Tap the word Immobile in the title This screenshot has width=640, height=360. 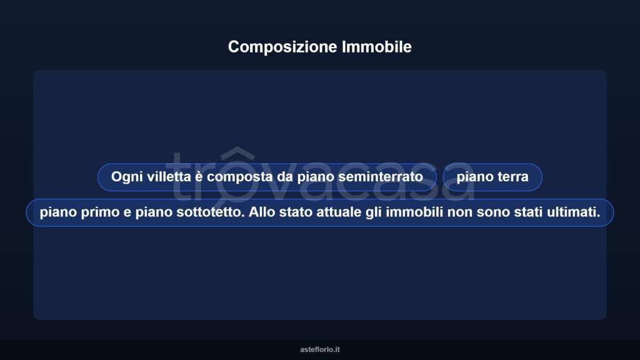[377, 47]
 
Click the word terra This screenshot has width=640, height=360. [512, 177]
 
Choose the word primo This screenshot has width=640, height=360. [96, 212]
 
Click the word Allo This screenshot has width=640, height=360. [261, 212]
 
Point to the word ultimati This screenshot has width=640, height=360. [572, 212]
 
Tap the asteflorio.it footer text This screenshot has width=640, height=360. [320, 349]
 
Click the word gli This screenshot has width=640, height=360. [372, 212]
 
